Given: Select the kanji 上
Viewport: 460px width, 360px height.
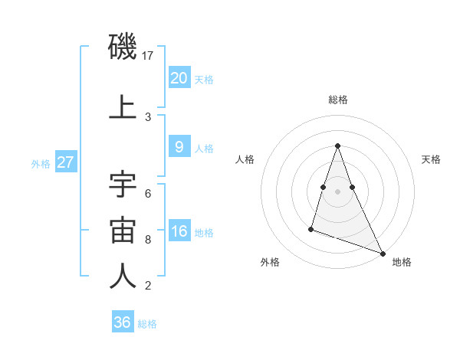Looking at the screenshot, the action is click(123, 107).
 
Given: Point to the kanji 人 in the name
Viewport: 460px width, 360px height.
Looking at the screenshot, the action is click(123, 277).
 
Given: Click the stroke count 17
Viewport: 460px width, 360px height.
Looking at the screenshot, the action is click(149, 56).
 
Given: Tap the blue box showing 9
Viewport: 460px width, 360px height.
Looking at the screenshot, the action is click(179, 148).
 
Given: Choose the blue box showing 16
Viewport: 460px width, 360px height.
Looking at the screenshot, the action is click(179, 232).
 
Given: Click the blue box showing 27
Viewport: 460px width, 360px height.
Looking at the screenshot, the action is click(66, 162).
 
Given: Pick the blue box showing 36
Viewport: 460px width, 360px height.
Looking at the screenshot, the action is click(123, 322).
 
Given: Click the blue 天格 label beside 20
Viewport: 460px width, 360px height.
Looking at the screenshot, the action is click(204, 79).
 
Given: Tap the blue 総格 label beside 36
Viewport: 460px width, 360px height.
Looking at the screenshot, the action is click(147, 324).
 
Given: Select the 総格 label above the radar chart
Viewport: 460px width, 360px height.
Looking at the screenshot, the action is click(338, 100).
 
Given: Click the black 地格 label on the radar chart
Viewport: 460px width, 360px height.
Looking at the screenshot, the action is click(402, 262).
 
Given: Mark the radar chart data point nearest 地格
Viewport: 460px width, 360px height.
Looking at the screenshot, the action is click(383, 253).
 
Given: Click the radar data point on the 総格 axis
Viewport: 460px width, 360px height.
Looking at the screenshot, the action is click(338, 146).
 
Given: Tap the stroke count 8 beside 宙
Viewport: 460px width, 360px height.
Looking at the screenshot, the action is click(148, 239).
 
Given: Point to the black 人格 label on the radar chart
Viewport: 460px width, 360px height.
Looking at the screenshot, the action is click(245, 159).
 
